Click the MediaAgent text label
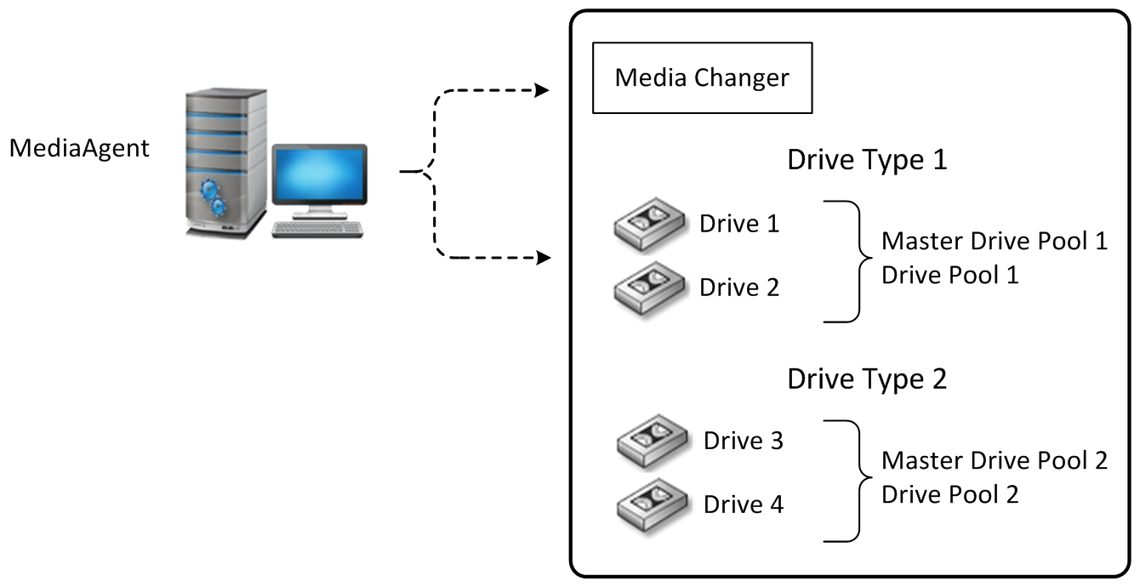79,148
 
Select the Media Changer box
702,78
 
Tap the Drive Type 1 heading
866,160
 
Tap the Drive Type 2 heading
866,379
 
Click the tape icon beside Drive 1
650,227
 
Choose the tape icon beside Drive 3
652,444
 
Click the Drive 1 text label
738,224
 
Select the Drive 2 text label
738,288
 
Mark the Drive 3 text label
743,441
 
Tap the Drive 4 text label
743,504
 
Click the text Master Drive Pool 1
994,241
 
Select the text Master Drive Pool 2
994,460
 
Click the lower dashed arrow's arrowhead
542,257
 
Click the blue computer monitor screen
320,175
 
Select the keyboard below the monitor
317,229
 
